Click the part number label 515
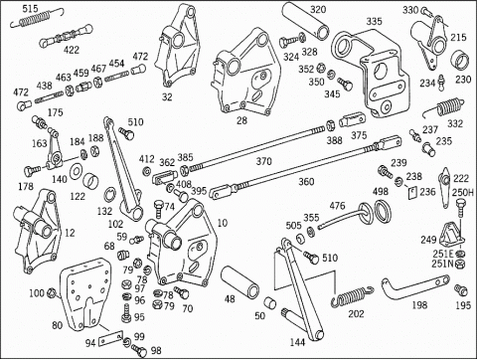coord(30,8)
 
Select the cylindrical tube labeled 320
coord(306,21)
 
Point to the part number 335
coord(374,21)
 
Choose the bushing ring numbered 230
coord(460,60)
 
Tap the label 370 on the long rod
coord(264,161)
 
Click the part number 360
coord(306,182)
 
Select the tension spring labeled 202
coord(353,296)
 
